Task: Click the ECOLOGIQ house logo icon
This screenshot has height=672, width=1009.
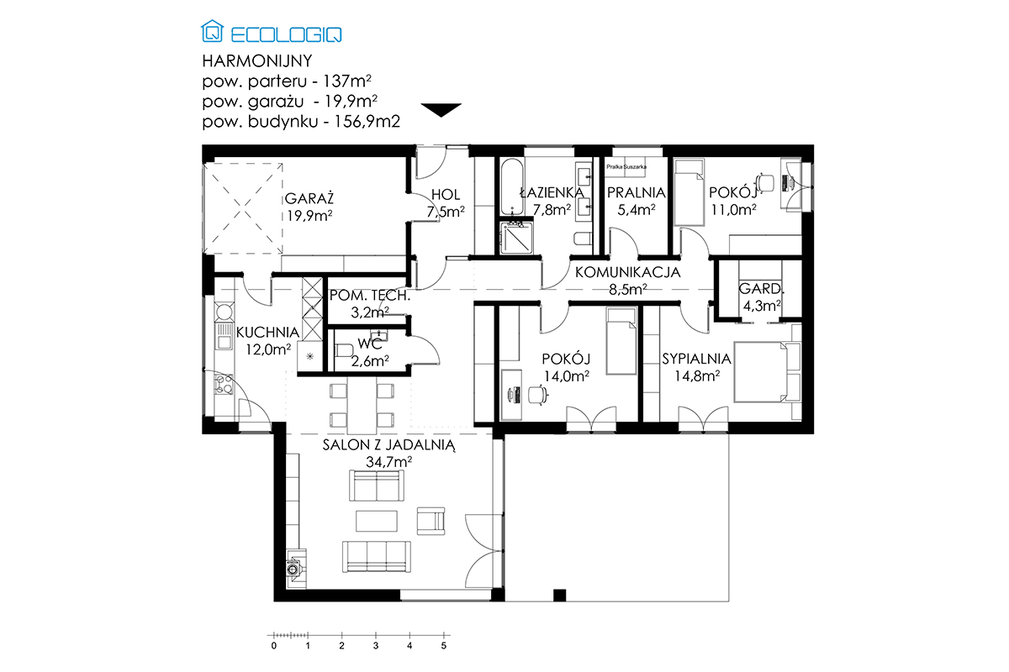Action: coord(212,31)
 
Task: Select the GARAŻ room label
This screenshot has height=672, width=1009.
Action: coord(309,198)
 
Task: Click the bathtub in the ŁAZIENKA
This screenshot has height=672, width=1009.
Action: coord(512,186)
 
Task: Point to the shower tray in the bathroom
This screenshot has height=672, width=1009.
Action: coord(516,238)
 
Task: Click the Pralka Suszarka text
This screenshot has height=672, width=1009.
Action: coord(626,167)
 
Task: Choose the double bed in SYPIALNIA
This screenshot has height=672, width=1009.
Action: coord(767,372)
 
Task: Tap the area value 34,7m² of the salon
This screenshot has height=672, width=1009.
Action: coord(389,462)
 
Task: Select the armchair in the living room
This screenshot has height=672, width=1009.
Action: coord(431,521)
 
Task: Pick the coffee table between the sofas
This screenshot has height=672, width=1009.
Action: coord(377,521)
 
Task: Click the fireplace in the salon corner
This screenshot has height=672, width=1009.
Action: coord(295,568)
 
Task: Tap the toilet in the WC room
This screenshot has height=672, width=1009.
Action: coord(344,350)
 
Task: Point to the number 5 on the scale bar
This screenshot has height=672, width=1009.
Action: coord(444,646)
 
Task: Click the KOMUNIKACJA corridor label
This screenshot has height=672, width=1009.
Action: coord(627,272)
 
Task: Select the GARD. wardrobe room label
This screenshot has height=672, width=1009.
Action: coord(761,288)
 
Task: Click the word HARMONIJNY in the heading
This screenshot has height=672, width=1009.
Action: coord(257,60)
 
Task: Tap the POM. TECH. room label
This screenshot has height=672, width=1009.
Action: coord(370,296)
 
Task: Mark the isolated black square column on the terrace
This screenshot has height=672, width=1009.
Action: coord(559,595)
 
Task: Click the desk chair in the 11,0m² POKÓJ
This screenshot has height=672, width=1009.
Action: coord(765,182)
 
